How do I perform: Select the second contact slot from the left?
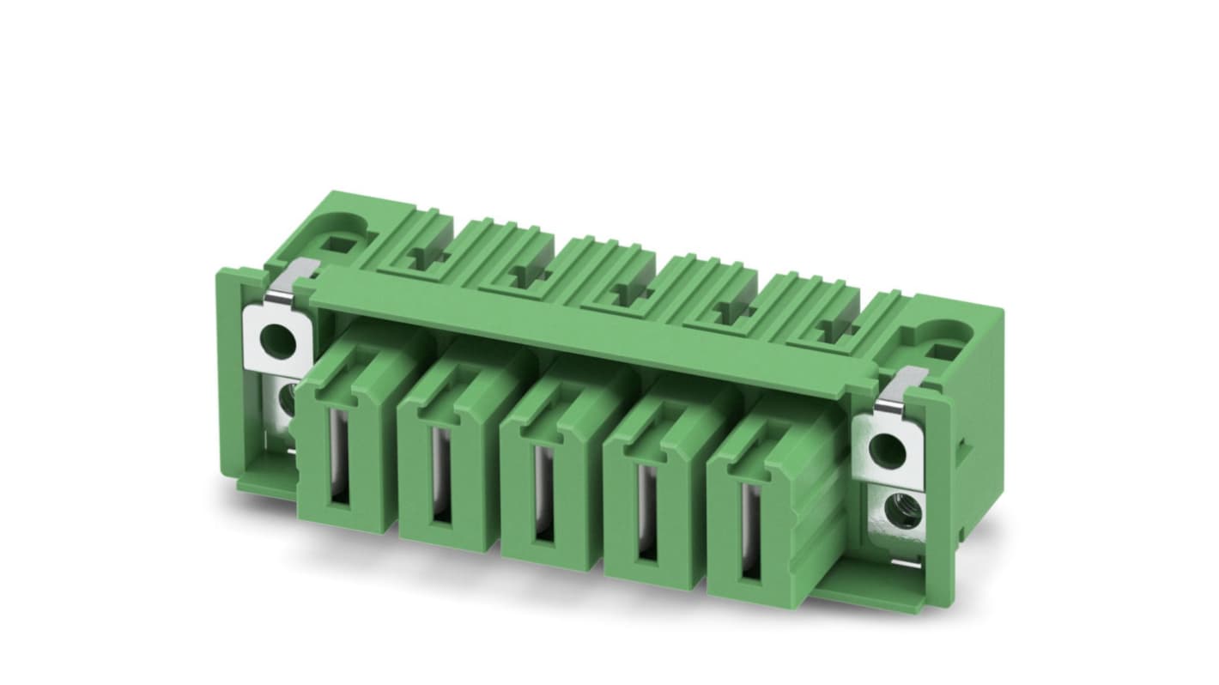point(440,475)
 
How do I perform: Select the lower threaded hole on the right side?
point(905,512)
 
